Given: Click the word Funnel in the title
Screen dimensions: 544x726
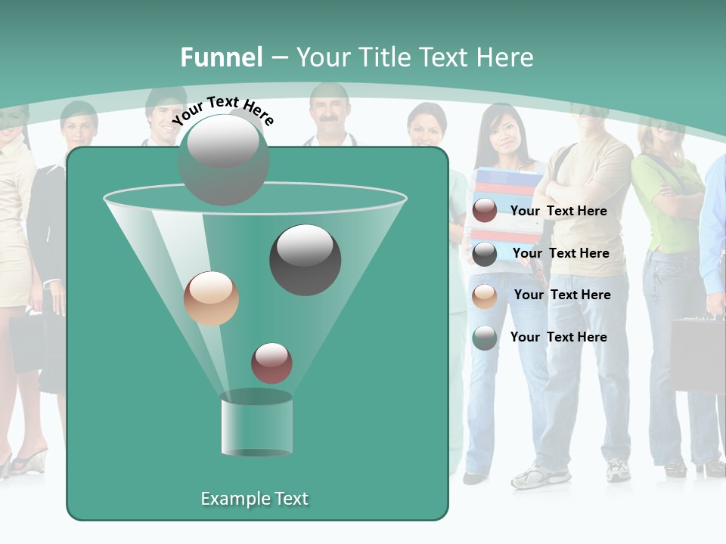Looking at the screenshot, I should coord(221,57).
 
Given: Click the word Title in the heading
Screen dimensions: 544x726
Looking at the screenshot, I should coord(384,57).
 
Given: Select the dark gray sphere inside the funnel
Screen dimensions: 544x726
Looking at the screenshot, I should coord(305,259).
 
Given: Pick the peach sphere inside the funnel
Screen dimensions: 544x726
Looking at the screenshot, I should coord(211,298).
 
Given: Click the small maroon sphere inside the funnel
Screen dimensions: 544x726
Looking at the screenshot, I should coord(271,363).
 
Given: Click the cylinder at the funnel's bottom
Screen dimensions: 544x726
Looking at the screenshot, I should coord(256,425).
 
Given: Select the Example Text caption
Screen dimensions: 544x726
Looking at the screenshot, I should coord(254,499).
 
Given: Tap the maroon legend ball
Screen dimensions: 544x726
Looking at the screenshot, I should coord(484,211).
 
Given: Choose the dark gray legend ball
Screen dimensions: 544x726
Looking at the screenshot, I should coord(484,253).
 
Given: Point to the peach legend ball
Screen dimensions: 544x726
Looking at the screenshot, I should coord(484,295).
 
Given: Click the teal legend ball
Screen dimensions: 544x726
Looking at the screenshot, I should coord(484,338).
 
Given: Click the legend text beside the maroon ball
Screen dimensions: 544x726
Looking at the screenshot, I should coord(558,211).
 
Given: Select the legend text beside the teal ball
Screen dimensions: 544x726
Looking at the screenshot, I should coord(558,337).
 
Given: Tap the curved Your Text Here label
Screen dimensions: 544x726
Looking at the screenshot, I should coord(222,110).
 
